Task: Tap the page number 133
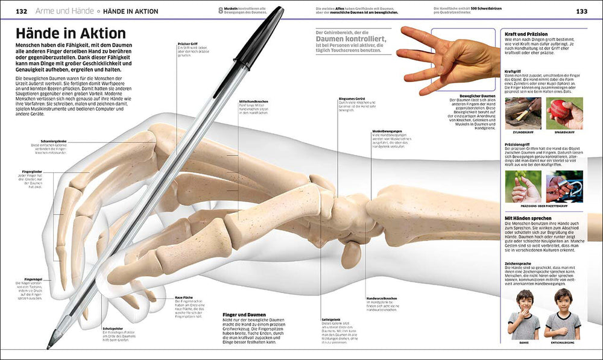click(x=582, y=11)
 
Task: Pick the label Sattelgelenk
click(x=332, y=318)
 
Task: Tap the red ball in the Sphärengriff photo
click(x=560, y=112)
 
